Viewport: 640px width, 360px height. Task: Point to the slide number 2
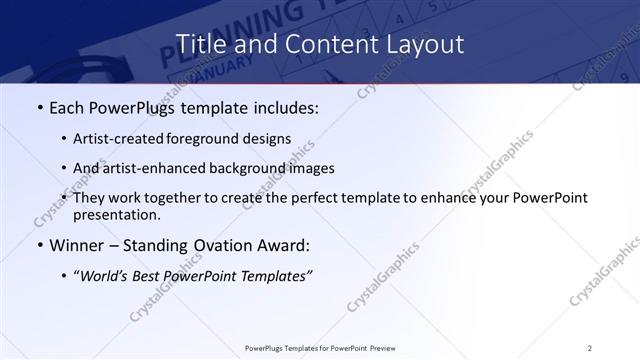pyautogui.click(x=590, y=347)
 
